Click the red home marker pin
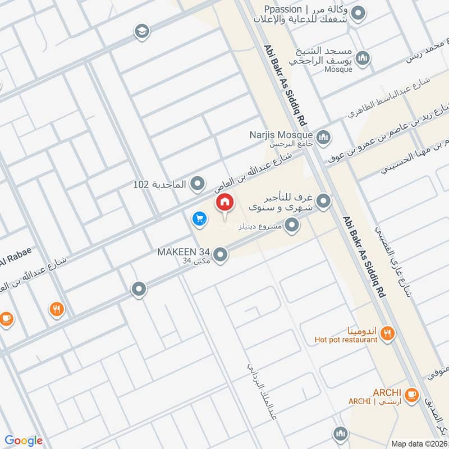[224, 203]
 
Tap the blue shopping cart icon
[198, 219]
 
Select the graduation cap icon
[142, 31]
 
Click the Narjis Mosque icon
[323, 137]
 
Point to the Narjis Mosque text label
[281, 135]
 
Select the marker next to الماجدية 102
[197, 184]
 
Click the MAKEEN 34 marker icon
[221, 255]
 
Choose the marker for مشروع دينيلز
[291, 226]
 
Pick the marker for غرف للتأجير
[323, 200]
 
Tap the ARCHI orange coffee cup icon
[411, 395]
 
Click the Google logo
[24, 441]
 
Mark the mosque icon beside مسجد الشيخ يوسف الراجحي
[364, 58]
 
